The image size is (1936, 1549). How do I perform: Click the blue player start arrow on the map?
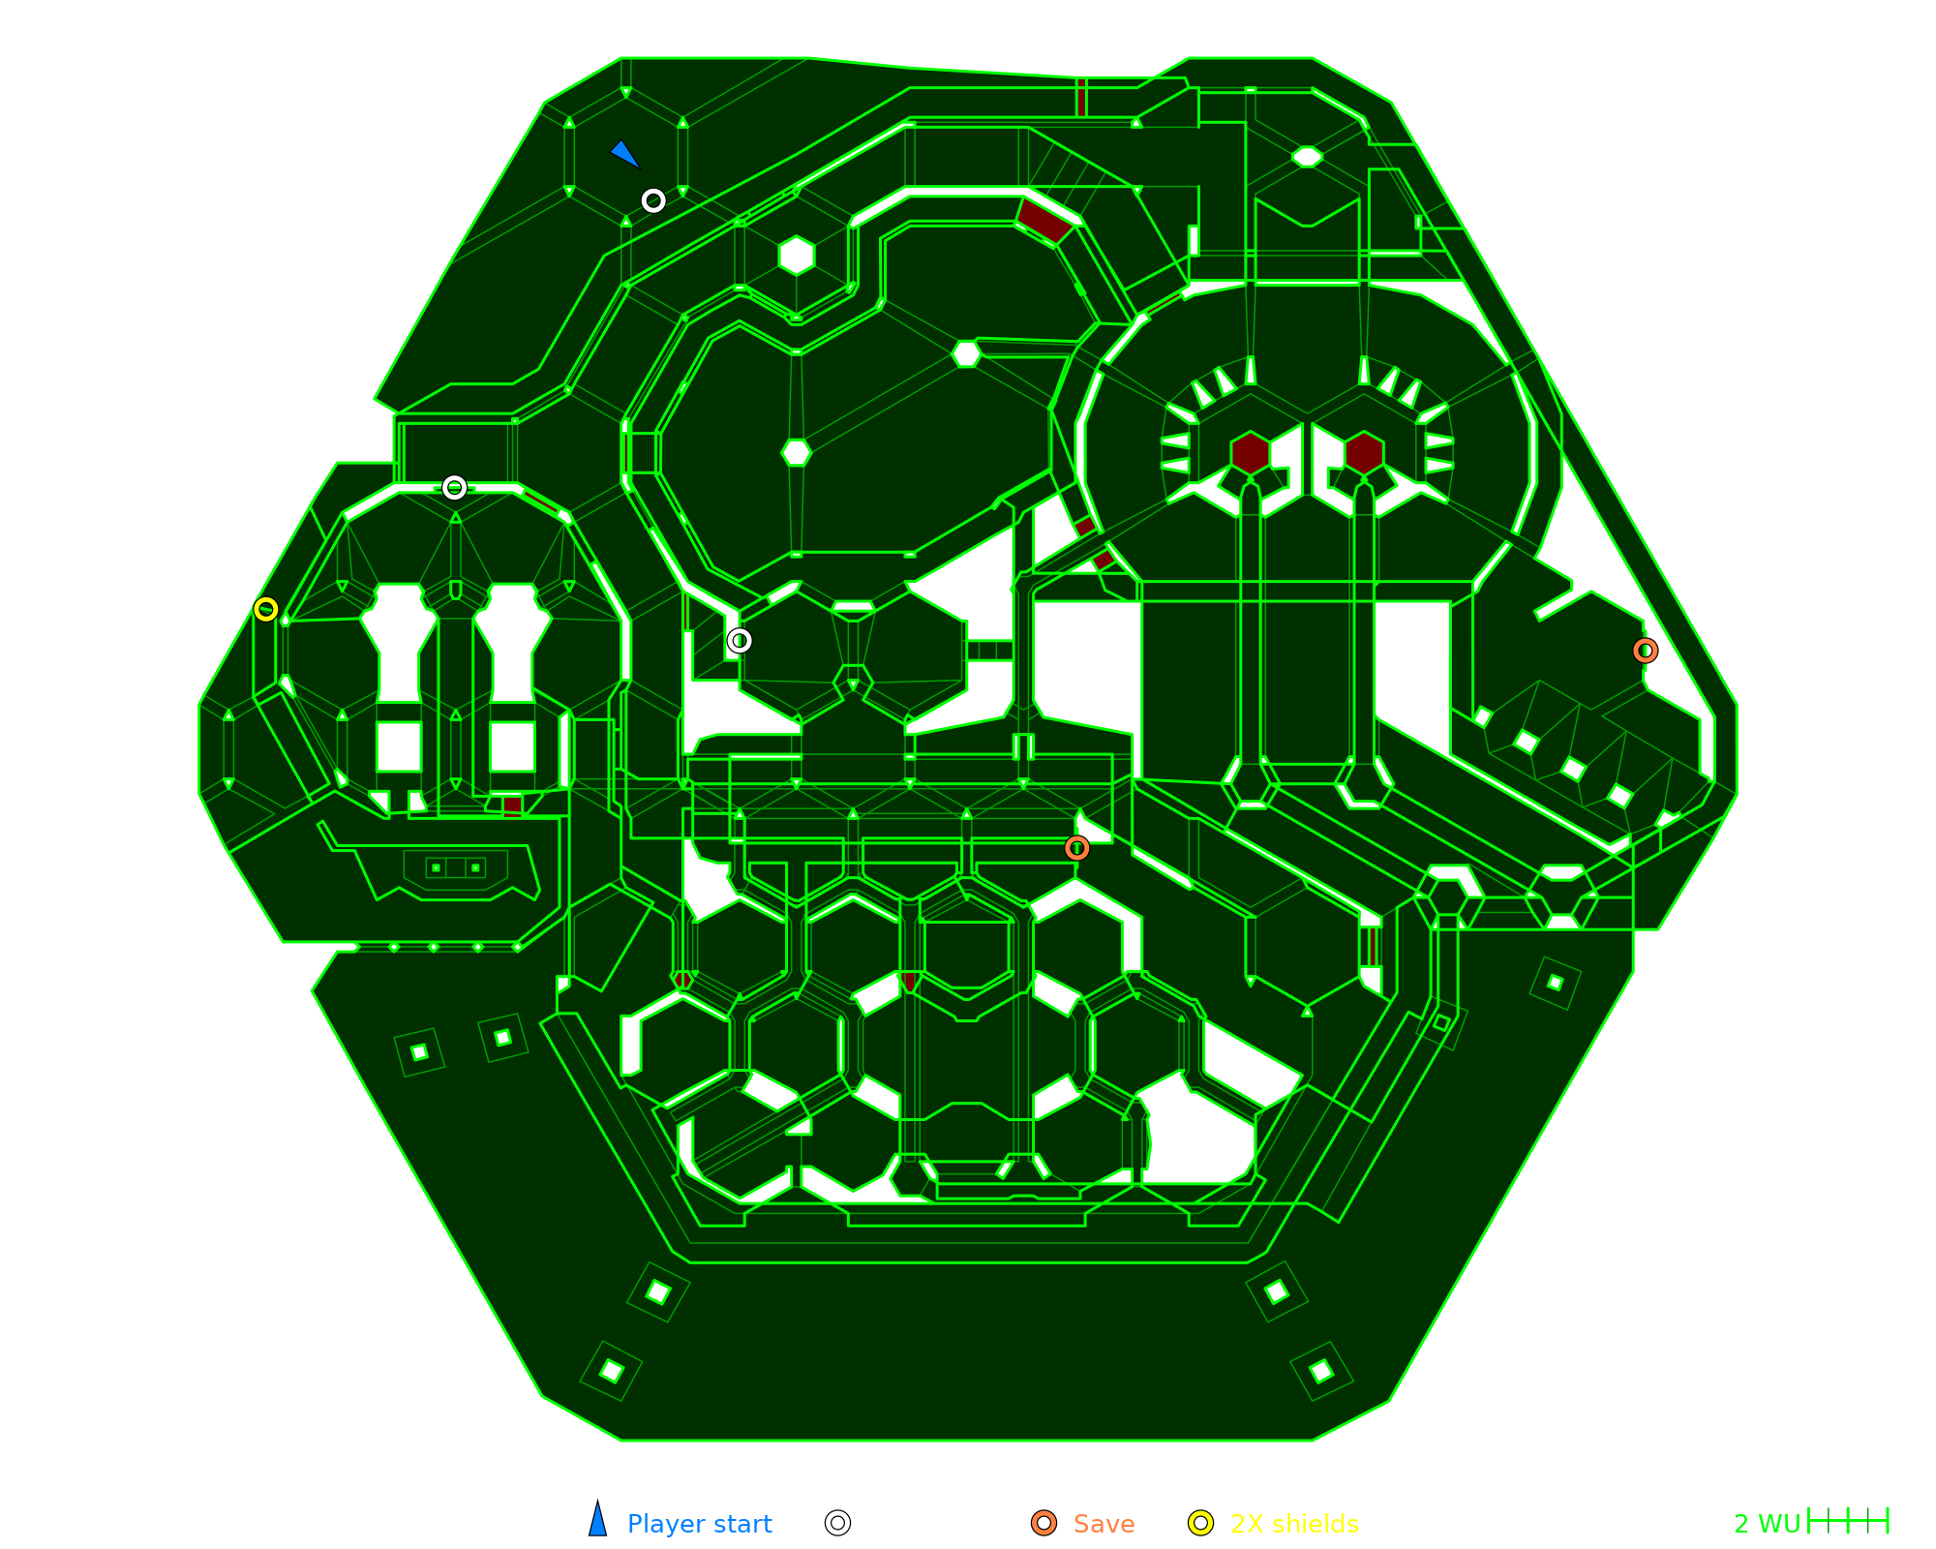point(624,154)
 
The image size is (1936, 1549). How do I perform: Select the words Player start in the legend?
point(699,1524)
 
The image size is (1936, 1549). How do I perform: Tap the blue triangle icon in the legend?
point(598,1518)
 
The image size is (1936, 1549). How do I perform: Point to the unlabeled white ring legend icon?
point(838,1523)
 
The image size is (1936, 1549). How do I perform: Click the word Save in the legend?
point(1104,1524)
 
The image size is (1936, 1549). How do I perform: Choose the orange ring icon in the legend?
point(1044,1523)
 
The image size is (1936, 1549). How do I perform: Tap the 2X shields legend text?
point(1294,1524)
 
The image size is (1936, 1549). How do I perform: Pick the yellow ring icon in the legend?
point(1200,1523)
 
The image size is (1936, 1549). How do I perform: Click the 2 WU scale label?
point(1767,1524)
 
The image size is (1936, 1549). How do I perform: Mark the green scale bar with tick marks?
point(1848,1521)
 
